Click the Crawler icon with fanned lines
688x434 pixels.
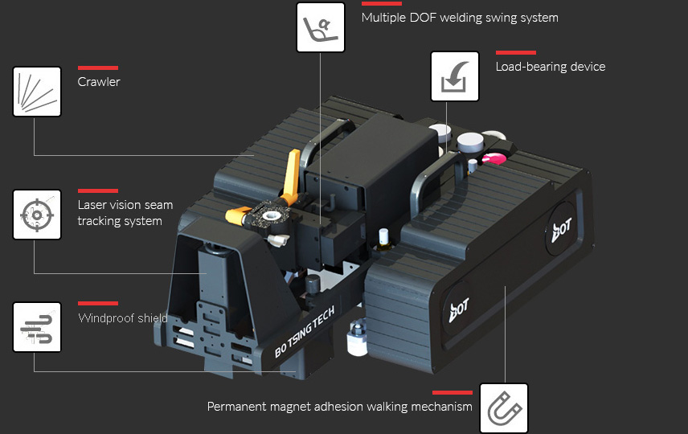[37, 91]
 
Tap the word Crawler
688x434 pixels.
[99, 82]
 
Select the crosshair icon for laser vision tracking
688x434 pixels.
[37, 215]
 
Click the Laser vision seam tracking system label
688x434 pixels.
[125, 213]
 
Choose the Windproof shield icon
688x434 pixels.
[37, 327]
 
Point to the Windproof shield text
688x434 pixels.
[123, 318]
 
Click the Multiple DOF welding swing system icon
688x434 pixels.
[321, 27]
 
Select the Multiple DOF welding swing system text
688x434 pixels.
[460, 18]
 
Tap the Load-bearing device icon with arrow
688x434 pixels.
[455, 76]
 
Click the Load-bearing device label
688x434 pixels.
[551, 67]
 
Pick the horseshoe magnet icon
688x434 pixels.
[504, 407]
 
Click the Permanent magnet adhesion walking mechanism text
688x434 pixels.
[340, 407]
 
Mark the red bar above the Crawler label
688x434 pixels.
[98, 68]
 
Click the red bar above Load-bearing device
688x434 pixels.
[516, 52]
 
